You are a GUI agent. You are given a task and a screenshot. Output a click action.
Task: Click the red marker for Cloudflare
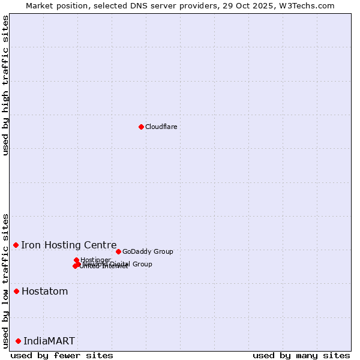[141, 127]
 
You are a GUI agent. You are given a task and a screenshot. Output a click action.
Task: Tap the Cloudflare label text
[161, 127]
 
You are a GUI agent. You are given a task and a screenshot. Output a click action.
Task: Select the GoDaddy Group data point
[118, 251]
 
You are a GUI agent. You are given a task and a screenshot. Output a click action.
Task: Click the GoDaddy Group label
[148, 251]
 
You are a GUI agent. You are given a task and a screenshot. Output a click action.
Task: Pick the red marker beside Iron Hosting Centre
[16, 245]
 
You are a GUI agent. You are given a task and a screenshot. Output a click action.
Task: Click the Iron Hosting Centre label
[68, 245]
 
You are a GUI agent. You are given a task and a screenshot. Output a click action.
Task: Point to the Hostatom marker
[17, 292]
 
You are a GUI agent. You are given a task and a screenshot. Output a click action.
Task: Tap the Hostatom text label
[44, 292]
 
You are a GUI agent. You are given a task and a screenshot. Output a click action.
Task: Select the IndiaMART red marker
[18, 341]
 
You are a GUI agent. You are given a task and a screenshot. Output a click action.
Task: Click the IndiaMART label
[49, 341]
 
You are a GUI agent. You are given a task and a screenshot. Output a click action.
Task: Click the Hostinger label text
[96, 260]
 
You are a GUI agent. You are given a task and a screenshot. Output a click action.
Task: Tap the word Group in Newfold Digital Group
[142, 264]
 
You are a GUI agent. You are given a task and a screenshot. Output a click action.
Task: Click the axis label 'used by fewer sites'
[62, 355]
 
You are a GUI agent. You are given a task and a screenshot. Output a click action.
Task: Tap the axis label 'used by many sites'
[301, 355]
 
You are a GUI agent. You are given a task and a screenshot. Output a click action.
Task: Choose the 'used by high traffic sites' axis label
[5, 85]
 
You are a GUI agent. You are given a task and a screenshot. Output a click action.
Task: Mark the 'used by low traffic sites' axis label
[5, 280]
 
